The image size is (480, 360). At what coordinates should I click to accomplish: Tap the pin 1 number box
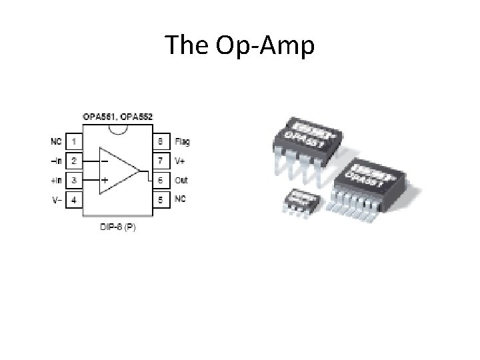74,141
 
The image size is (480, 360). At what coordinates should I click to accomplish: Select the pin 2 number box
74,161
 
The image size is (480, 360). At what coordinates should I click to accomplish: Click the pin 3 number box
74,180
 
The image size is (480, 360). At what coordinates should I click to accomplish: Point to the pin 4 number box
74,199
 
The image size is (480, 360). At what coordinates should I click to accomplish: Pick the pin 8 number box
160,141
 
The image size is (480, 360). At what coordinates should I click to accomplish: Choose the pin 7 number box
160,161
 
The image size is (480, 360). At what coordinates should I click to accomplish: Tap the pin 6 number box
160,180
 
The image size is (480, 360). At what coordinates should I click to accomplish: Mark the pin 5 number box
160,199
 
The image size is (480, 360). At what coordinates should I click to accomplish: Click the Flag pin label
182,141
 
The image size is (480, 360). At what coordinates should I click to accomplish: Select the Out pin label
181,180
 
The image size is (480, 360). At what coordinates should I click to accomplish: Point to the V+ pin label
180,161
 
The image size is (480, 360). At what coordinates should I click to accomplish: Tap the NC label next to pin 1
55,141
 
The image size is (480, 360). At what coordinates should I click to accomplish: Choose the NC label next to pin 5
180,199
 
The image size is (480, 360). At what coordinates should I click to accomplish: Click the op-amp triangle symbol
117,171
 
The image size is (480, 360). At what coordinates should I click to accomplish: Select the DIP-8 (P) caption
117,227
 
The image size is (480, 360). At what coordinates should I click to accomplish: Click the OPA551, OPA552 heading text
118,117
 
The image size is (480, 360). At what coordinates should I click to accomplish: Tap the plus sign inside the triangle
105,180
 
